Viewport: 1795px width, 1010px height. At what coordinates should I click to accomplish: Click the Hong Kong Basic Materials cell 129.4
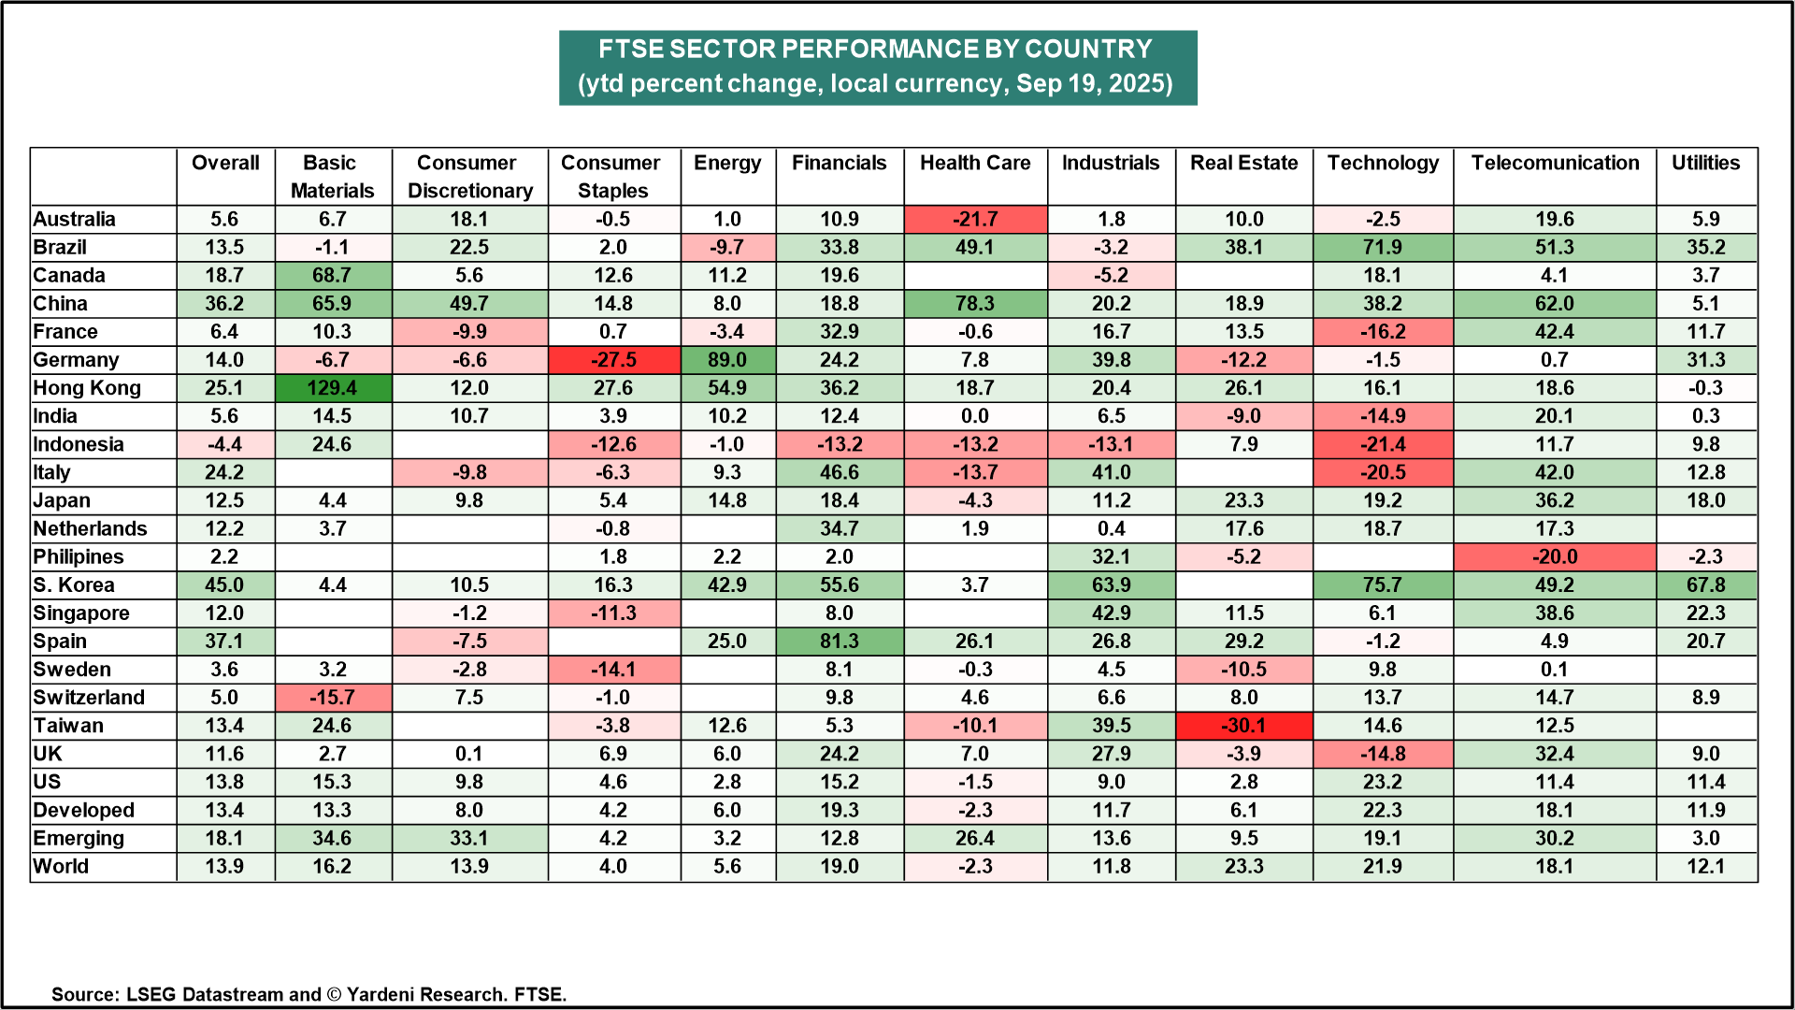click(x=332, y=388)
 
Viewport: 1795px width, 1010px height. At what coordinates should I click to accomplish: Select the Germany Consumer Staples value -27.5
click(x=612, y=360)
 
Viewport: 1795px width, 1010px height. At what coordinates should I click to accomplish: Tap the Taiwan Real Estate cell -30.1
click(x=1243, y=726)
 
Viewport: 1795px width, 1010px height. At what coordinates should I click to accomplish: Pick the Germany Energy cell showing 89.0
click(x=726, y=360)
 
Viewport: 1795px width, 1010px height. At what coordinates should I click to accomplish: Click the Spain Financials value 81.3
click(x=839, y=642)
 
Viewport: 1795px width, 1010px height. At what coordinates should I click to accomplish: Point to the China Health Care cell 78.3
click(x=974, y=304)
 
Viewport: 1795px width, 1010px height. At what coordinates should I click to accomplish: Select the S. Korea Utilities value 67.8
click(x=1705, y=585)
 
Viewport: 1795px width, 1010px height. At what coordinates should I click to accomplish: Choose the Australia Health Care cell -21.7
click(x=974, y=220)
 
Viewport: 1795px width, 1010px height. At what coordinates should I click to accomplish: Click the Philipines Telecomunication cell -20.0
click(x=1554, y=557)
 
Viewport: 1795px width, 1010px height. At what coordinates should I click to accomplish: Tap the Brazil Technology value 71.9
click(x=1382, y=248)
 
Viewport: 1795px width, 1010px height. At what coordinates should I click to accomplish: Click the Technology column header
click(x=1383, y=164)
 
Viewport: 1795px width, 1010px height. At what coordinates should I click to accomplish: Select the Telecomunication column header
click(x=1555, y=164)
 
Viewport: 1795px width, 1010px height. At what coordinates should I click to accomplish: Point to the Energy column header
click(x=726, y=164)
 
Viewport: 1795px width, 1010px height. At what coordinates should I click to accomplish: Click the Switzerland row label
click(x=89, y=698)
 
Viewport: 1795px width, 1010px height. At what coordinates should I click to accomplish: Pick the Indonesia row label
click(x=79, y=444)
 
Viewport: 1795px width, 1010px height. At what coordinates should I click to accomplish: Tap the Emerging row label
click(x=79, y=838)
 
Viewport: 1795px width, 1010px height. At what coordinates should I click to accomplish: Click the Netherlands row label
click(x=90, y=529)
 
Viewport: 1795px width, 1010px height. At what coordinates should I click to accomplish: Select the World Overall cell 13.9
click(x=224, y=866)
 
